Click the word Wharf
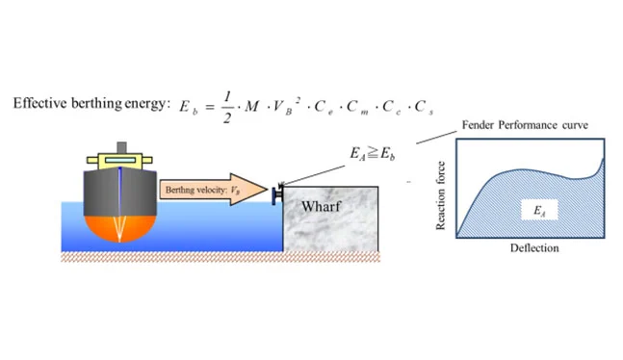tap(321, 207)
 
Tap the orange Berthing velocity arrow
tap(214, 190)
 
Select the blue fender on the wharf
tap(276, 195)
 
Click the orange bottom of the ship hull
tap(119, 228)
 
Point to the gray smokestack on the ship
tap(121, 147)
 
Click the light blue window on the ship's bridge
tap(120, 160)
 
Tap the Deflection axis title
tap(534, 248)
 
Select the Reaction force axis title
tap(440, 195)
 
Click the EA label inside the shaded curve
tap(539, 210)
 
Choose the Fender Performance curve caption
tap(525, 125)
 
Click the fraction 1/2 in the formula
tap(227, 107)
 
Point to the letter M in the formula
tap(251, 107)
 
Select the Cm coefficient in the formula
tap(357, 107)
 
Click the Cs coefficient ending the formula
tap(424, 107)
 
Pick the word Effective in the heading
tap(39, 103)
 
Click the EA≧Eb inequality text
tap(373, 153)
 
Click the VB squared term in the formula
tap(287, 106)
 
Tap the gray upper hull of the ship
tap(120, 192)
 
